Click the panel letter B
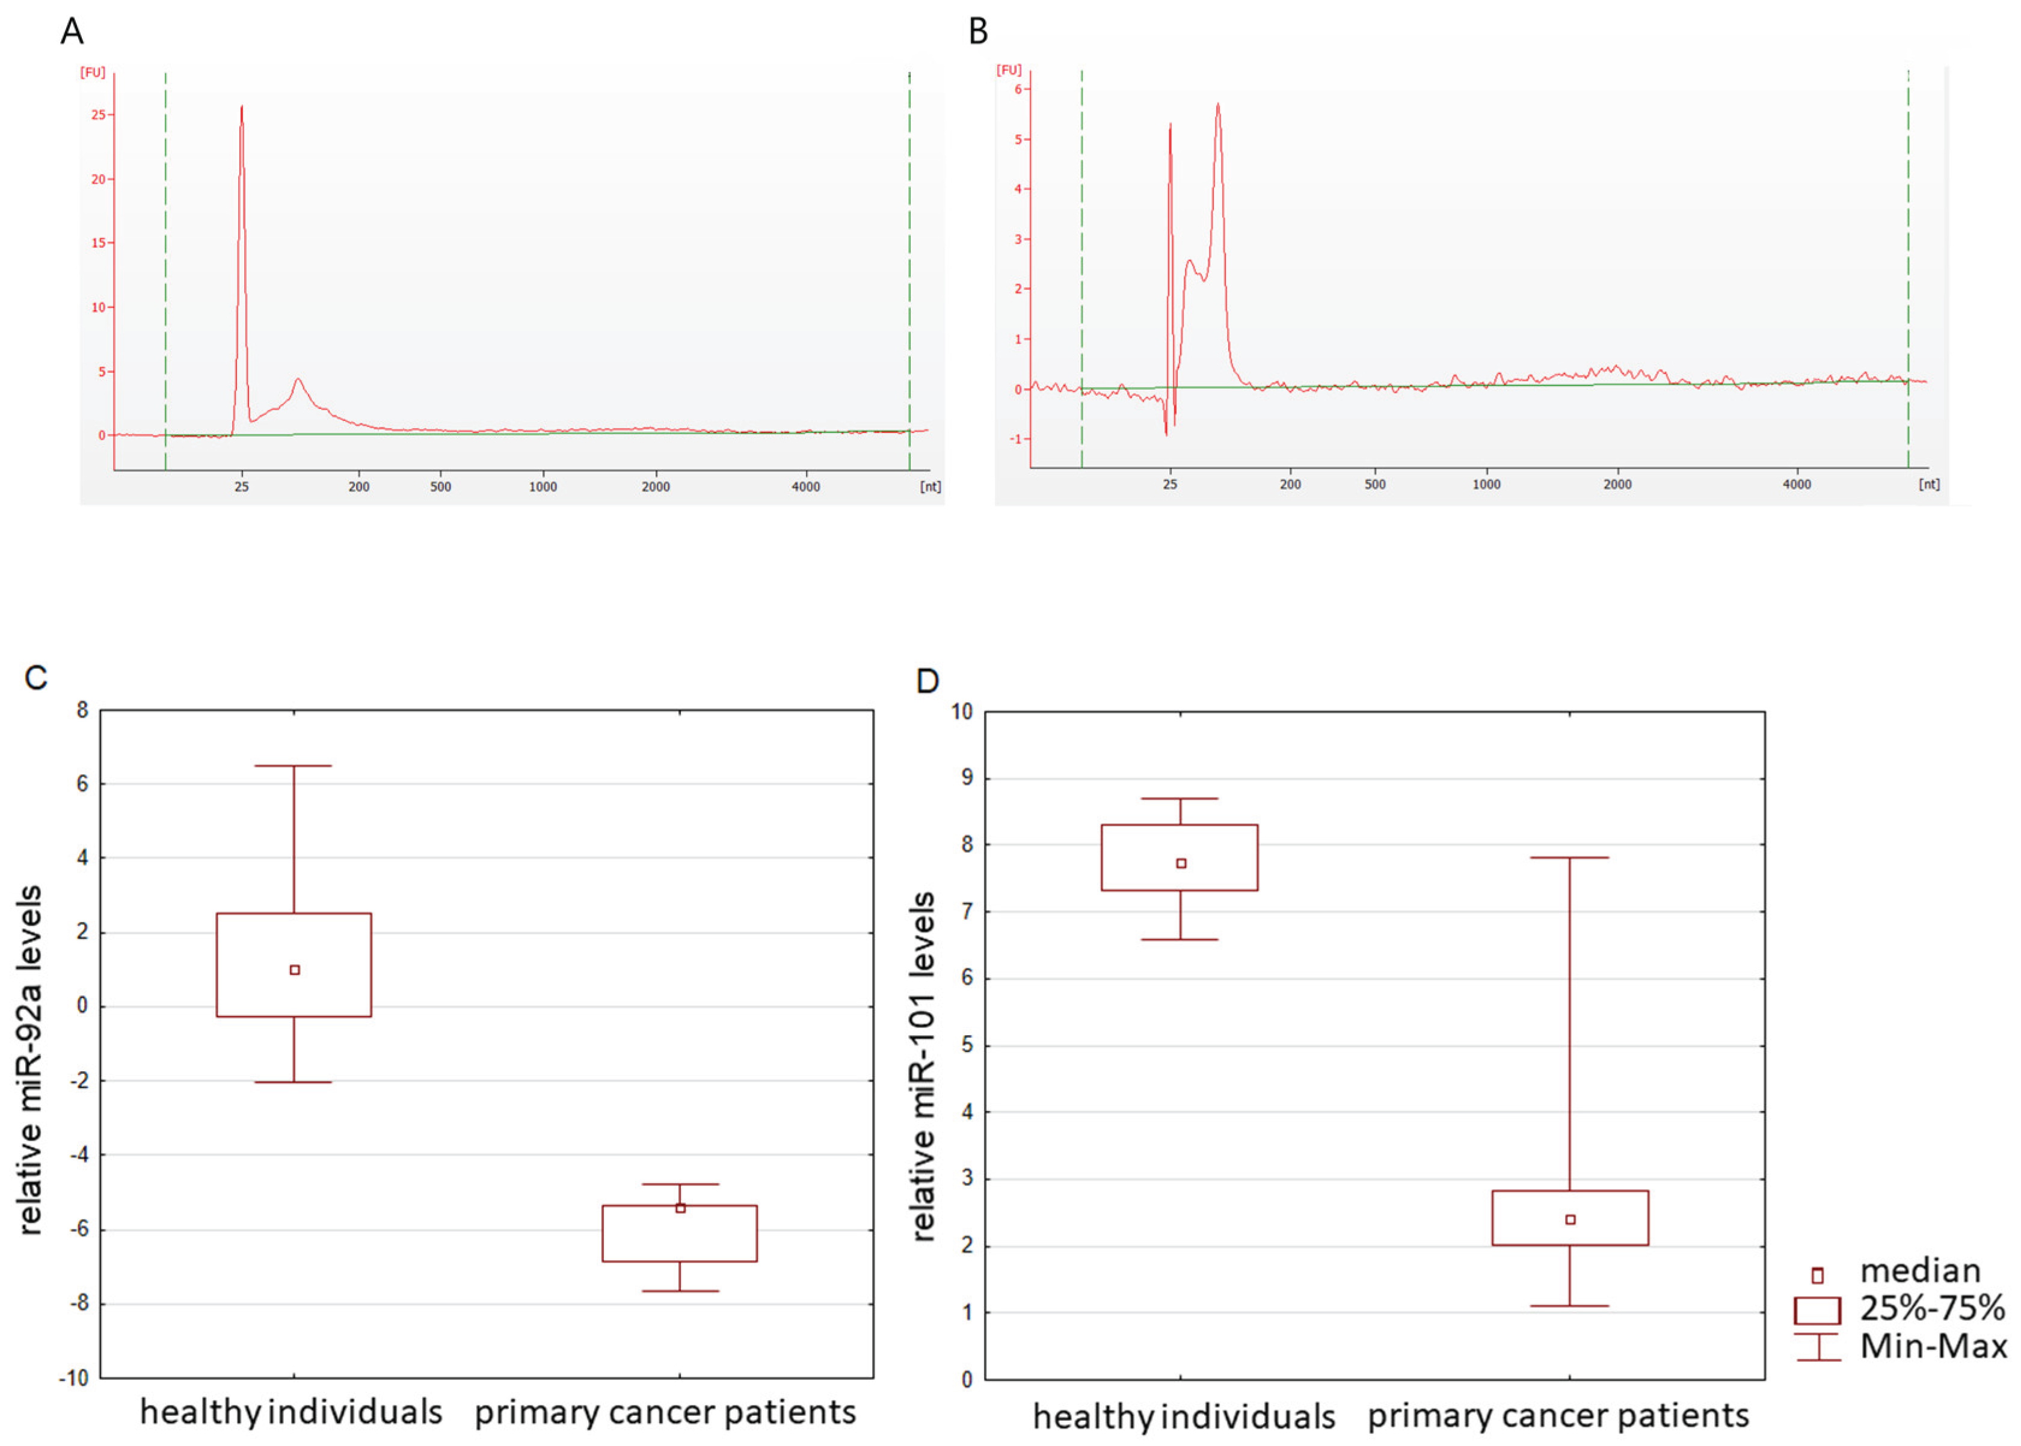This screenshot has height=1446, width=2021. (x=977, y=31)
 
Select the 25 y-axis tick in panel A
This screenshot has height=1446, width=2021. (x=98, y=115)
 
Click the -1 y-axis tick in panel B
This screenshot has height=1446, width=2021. (x=1016, y=439)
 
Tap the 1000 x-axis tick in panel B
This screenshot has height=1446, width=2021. (x=1485, y=484)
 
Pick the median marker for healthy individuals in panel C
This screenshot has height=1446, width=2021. (x=295, y=969)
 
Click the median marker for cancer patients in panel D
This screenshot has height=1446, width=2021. (x=1570, y=1219)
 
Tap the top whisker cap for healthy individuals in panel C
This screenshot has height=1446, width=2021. (x=293, y=766)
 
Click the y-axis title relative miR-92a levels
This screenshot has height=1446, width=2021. (x=29, y=1060)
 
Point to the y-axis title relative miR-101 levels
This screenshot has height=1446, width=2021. (x=923, y=1066)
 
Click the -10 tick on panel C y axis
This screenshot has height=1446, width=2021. (x=75, y=1378)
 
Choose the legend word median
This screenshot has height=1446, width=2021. (x=1919, y=1270)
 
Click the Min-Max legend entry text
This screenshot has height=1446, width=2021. (x=1933, y=1346)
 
